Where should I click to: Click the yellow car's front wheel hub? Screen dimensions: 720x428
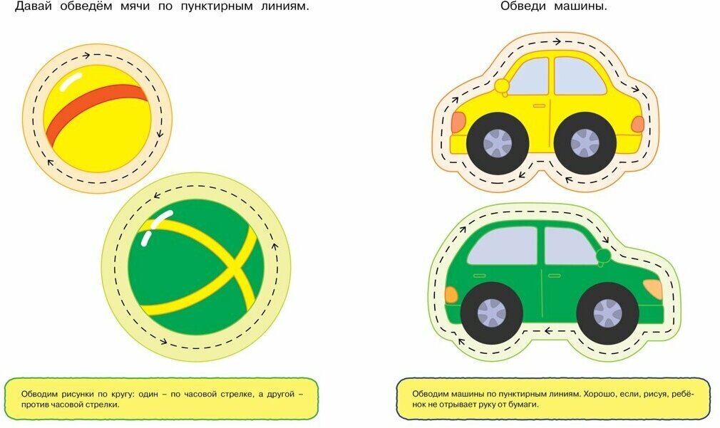pos(498,142)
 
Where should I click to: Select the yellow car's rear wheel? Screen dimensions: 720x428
pos(585,142)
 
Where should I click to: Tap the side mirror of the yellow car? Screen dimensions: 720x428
pos(503,86)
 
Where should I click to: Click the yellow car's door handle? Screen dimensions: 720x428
pos(539,105)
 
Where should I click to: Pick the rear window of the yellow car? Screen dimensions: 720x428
pos(580,76)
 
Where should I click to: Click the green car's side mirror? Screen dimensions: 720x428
pos(603,256)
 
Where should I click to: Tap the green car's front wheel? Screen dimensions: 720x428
pos(607,313)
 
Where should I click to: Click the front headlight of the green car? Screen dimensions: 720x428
pos(652,289)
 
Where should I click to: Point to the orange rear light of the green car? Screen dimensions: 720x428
pos(451,294)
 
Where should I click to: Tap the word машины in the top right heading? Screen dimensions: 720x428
pos(583,6)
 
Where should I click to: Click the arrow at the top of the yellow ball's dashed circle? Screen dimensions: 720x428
pos(86,55)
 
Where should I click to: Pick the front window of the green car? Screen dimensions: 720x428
pos(568,246)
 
